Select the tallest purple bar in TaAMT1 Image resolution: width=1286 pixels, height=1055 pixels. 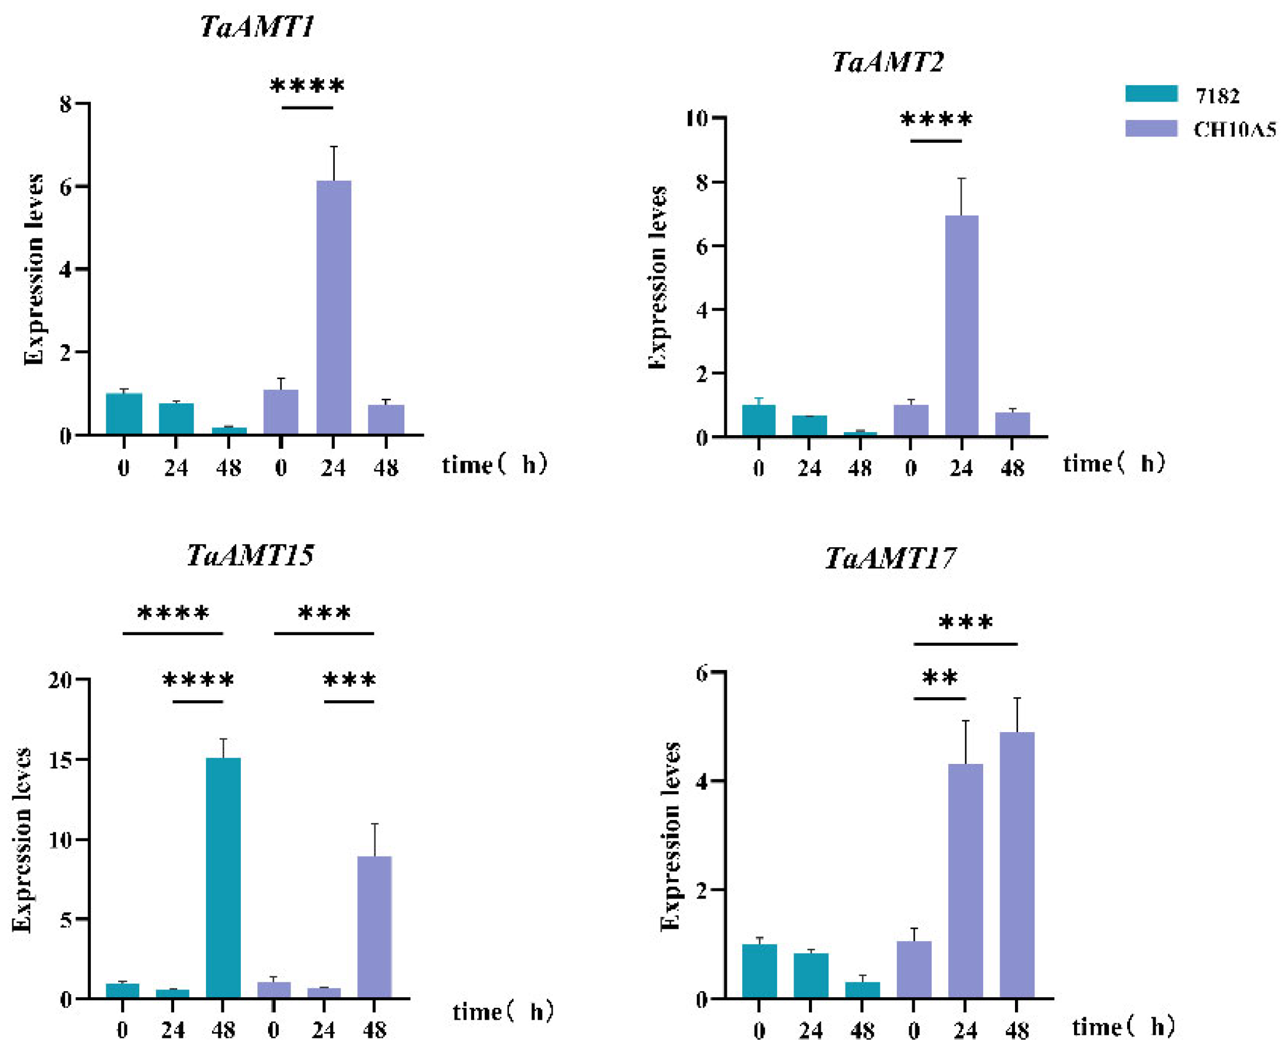[333, 307]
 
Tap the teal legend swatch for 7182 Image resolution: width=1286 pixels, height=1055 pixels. [1150, 94]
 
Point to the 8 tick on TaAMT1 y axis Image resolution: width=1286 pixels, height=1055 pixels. [66, 104]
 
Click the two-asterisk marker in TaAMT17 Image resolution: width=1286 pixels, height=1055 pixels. [939, 678]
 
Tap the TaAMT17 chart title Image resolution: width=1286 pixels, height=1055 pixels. [889, 558]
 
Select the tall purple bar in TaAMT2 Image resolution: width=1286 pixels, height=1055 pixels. [961, 326]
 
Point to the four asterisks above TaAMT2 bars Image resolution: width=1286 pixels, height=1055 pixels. [936, 120]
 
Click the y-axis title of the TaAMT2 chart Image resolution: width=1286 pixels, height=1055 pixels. [657, 277]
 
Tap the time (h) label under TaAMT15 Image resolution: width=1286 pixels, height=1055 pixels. [503, 1012]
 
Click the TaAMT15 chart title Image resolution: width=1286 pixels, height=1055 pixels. [250, 555]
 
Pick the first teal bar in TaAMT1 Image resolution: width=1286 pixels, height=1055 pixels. [124, 413]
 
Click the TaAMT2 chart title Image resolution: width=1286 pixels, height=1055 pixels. [887, 62]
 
